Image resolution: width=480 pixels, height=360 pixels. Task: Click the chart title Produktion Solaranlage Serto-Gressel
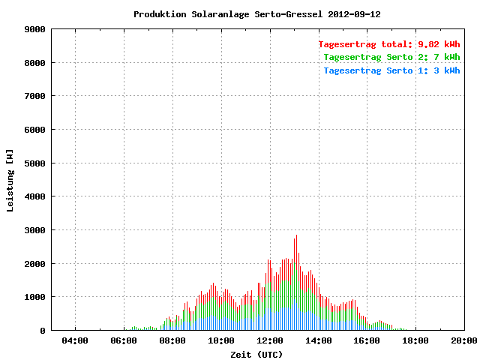[x=228, y=14]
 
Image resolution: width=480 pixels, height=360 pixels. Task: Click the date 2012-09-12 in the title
[x=354, y=14]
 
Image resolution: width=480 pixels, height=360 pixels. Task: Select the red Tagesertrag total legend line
[x=389, y=44]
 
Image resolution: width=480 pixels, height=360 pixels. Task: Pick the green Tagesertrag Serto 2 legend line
[x=391, y=57]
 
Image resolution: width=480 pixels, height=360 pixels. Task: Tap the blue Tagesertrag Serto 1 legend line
[x=391, y=70]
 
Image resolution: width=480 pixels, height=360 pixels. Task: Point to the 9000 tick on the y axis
[x=35, y=29]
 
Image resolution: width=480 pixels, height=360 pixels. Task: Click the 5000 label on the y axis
[x=35, y=163]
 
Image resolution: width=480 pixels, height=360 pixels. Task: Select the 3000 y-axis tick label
[x=35, y=230]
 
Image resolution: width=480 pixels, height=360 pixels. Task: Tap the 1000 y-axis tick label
[x=35, y=297]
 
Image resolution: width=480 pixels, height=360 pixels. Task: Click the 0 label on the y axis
[x=43, y=331]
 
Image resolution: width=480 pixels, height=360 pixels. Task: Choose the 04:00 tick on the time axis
[x=75, y=340]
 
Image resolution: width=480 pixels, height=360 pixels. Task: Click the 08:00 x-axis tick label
[x=172, y=340]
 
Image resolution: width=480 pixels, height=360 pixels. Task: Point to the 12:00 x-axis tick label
[x=270, y=340]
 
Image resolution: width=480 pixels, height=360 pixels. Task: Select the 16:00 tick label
[x=367, y=340]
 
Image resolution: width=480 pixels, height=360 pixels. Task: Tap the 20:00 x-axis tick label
[x=464, y=340]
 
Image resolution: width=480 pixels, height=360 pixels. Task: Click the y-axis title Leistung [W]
[x=10, y=181]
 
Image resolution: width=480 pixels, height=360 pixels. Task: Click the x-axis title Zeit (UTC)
[x=256, y=355]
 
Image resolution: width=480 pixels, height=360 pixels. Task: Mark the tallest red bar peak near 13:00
[x=296, y=235]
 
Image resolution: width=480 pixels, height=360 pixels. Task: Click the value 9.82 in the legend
[x=428, y=44]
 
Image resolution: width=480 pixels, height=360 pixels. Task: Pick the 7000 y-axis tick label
[x=35, y=96]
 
